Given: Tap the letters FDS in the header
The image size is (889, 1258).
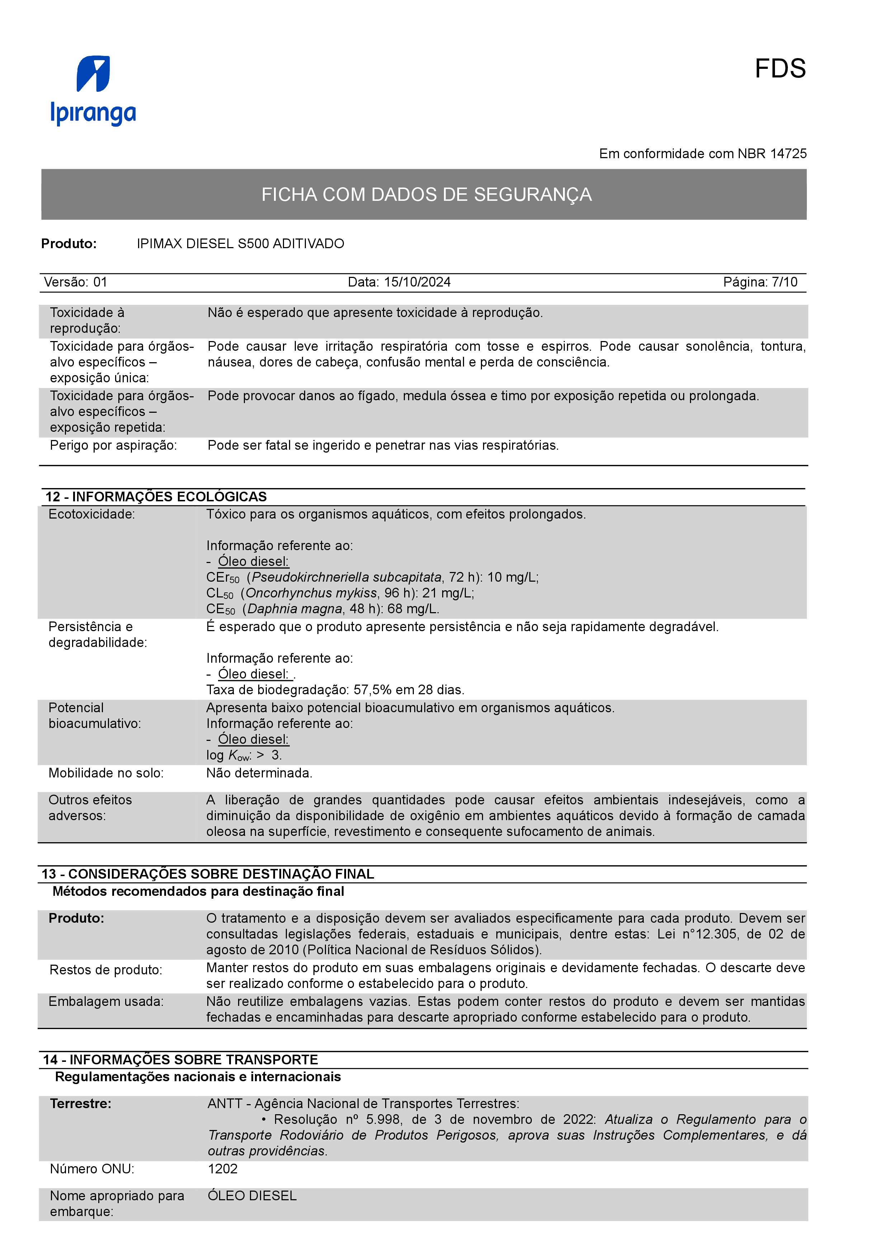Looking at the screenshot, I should pos(780,69).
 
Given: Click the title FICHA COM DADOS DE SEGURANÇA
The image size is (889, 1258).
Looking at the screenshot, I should pos(426,194).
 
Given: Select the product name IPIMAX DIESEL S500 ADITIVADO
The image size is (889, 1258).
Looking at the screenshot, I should pos(241,244).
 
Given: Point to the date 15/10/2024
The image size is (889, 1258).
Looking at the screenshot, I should pos(417,282).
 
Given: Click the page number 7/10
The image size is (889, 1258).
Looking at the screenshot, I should pos(784,282).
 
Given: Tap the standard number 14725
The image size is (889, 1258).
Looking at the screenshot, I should pos(788,154).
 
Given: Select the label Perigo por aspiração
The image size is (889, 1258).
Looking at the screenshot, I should pos(113,445).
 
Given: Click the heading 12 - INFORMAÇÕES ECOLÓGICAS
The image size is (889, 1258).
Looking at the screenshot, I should pos(156,497).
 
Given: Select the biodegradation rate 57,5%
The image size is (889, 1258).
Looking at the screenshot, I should pos(369,690).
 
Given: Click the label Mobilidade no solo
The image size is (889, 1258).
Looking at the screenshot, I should pos(106,774).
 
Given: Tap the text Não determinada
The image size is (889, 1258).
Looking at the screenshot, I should pos(259,774).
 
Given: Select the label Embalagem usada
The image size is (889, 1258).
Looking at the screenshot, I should pos(106,1002).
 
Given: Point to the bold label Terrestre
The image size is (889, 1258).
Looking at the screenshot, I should pos(81,1103).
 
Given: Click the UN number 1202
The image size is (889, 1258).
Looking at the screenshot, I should pos(222,1169).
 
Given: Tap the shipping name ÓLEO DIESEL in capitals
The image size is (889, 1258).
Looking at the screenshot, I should pos(252,1196).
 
